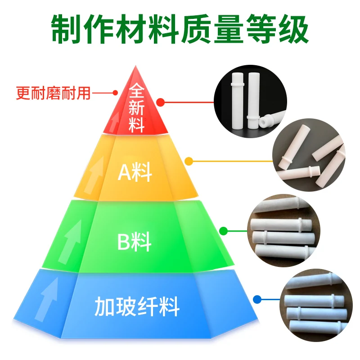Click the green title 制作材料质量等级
180,29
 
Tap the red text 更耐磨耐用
53,94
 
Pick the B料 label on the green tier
135,242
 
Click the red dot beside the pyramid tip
161,102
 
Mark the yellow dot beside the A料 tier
189,161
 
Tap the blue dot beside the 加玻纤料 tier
257,299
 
